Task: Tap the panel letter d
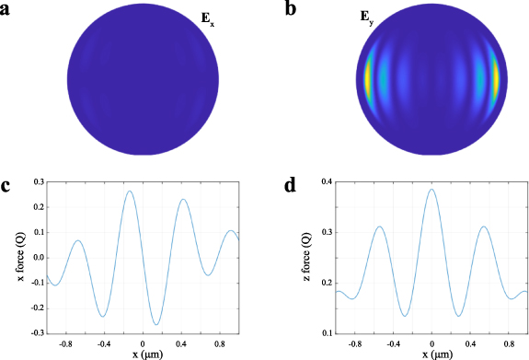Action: click(291, 185)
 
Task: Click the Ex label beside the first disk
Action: click(234, 17)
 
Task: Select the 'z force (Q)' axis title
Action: click(305, 257)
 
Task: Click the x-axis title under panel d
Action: click(432, 354)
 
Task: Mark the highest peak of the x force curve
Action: click(130, 192)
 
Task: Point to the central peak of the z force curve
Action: click(431, 190)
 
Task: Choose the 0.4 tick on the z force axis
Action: click(325, 182)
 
